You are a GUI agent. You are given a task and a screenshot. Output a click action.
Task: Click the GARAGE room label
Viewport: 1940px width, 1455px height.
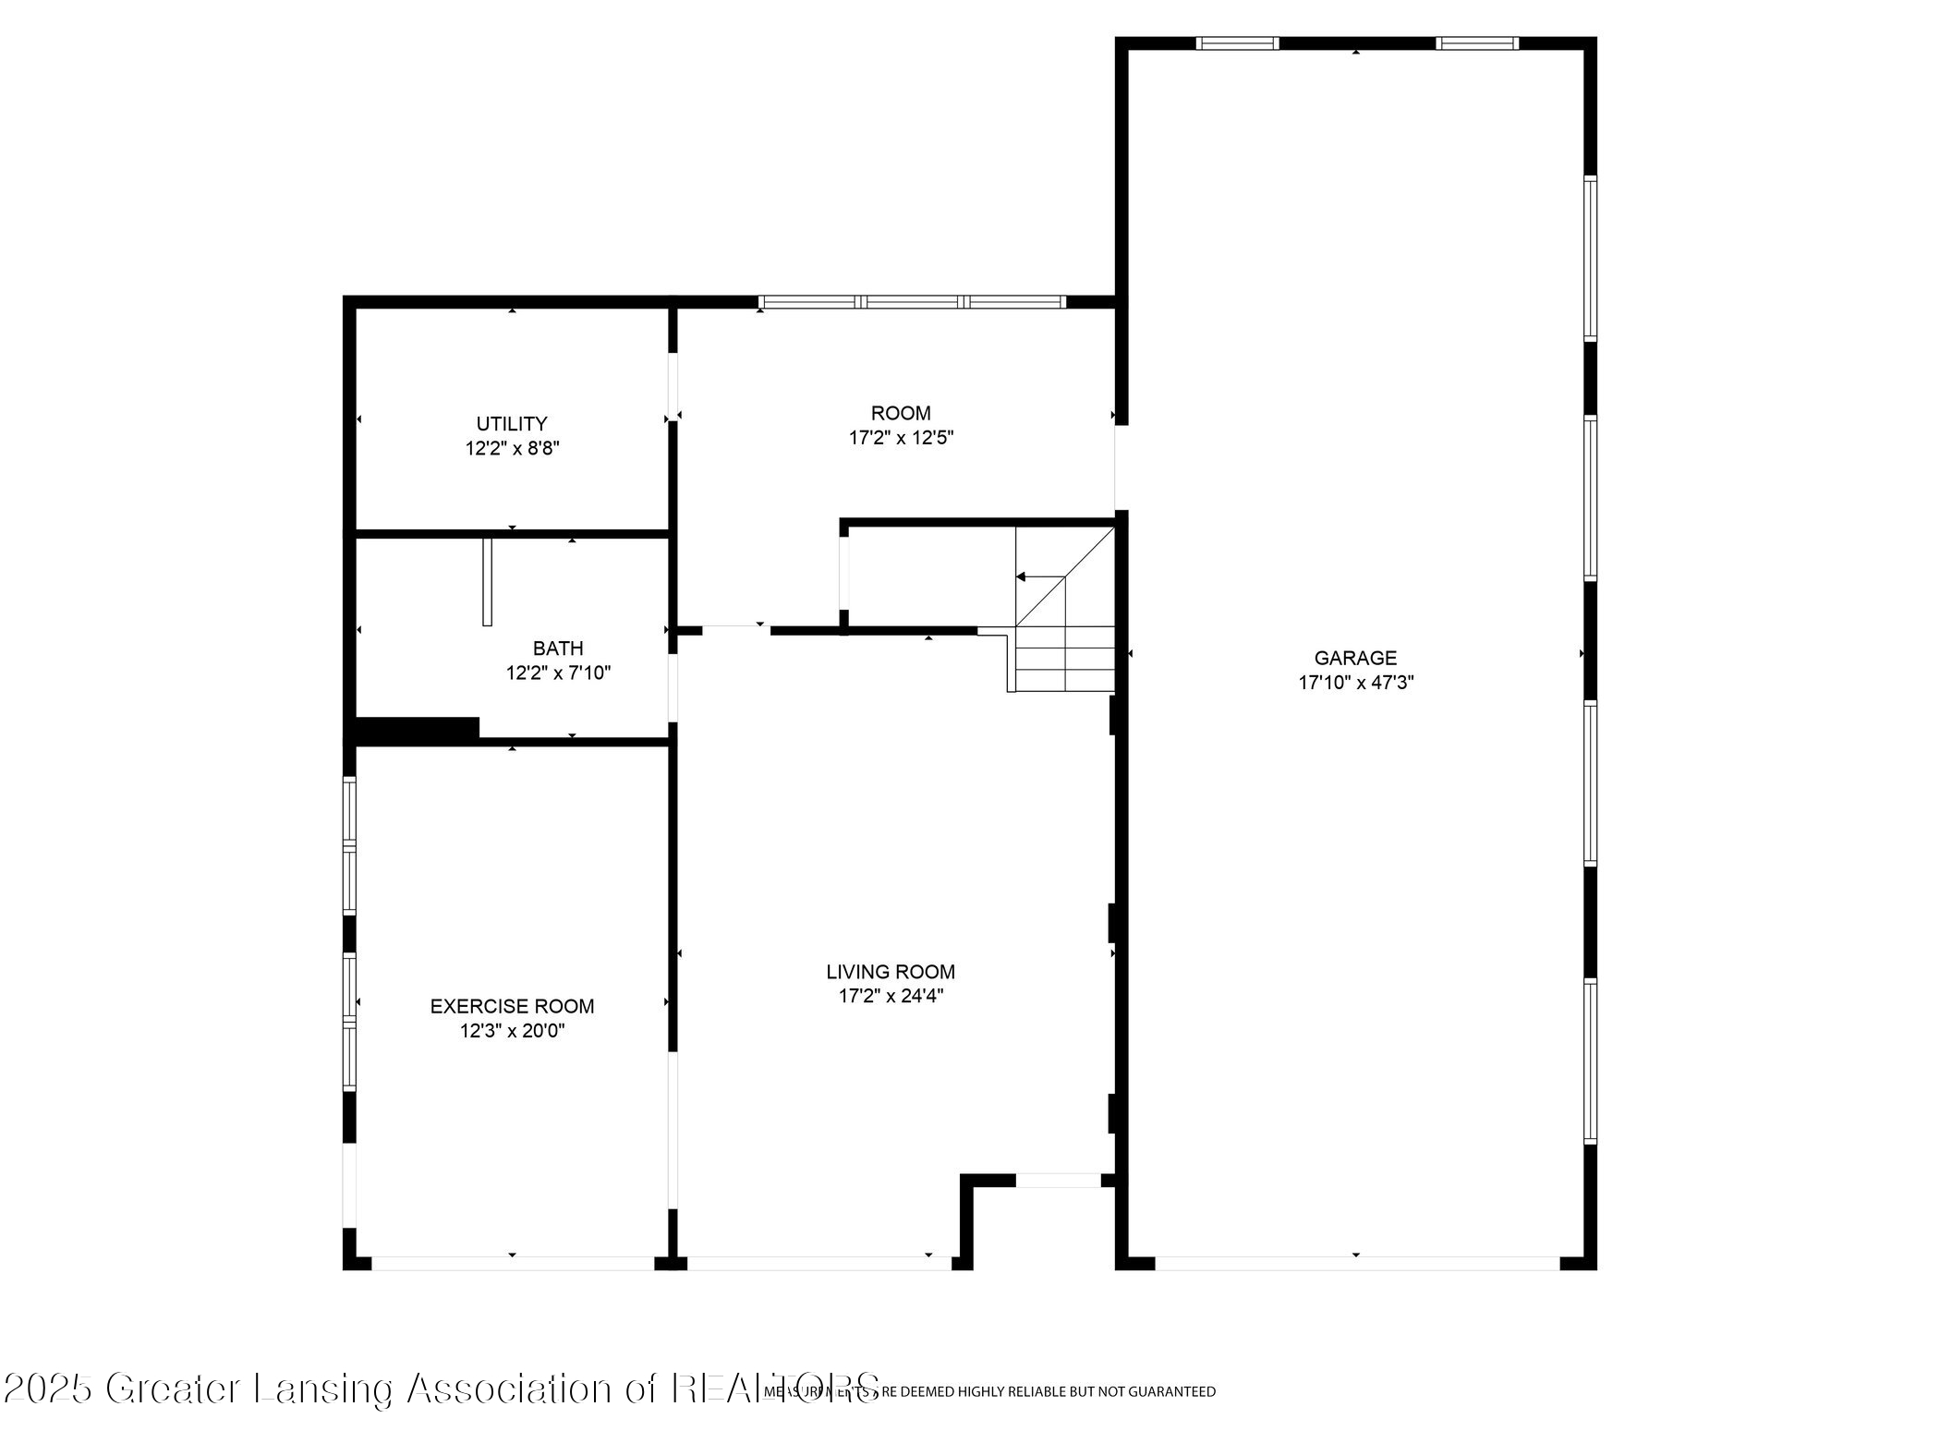(x=1355, y=658)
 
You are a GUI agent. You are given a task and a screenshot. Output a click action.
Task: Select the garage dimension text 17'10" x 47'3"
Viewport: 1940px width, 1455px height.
(x=1355, y=683)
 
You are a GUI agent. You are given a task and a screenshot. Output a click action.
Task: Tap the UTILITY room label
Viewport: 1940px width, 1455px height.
(x=512, y=423)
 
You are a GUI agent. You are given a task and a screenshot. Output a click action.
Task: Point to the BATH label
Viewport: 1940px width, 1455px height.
(x=558, y=648)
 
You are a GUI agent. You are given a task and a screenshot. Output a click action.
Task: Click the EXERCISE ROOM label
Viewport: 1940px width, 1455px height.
(x=512, y=1006)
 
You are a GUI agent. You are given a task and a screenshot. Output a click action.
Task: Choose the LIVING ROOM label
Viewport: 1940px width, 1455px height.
(x=891, y=971)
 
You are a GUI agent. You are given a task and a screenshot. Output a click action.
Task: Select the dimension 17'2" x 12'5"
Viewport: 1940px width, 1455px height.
(x=901, y=438)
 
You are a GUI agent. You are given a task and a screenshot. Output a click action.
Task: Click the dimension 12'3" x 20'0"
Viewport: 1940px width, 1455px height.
(x=512, y=1031)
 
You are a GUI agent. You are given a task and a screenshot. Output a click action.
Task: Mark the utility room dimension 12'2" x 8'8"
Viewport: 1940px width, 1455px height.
(x=512, y=449)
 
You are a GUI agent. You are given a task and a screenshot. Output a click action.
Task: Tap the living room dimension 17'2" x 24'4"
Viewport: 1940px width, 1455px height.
(x=891, y=996)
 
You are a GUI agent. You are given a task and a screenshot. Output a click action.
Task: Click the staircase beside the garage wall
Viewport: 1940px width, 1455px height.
(x=1064, y=637)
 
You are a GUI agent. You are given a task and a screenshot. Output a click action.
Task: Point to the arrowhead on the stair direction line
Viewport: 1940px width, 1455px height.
(x=1021, y=576)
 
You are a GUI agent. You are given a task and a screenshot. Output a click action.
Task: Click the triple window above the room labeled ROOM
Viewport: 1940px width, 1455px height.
(x=912, y=301)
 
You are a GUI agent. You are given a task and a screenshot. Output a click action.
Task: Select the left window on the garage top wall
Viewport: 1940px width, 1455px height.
(x=1237, y=42)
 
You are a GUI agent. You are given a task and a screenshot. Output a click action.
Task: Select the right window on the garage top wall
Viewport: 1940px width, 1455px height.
(x=1476, y=42)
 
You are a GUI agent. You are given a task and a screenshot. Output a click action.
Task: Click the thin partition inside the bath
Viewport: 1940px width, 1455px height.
(x=487, y=581)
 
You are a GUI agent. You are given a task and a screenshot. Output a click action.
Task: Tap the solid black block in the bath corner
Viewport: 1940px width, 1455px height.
(x=417, y=728)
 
